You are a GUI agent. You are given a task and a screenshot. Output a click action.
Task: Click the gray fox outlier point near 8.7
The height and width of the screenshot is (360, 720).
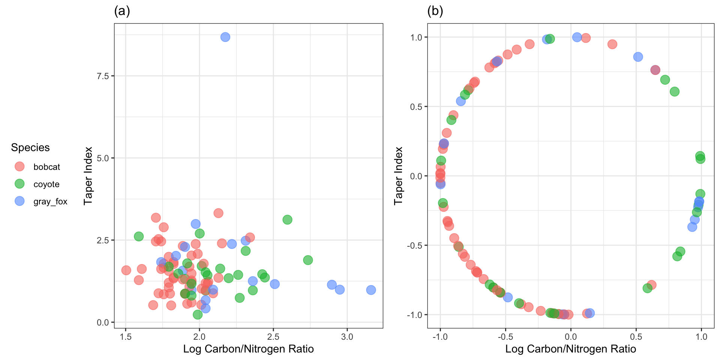pyautogui.click(x=225, y=37)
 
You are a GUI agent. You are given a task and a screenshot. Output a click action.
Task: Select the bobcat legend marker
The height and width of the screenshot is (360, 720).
pyautogui.click(x=19, y=166)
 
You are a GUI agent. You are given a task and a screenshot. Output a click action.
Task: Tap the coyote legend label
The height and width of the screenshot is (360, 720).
pyautogui.click(x=46, y=184)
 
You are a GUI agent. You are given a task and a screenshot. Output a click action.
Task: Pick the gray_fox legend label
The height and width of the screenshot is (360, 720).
pyautogui.click(x=50, y=201)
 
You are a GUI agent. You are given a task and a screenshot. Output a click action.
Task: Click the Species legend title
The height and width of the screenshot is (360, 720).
pyautogui.click(x=30, y=147)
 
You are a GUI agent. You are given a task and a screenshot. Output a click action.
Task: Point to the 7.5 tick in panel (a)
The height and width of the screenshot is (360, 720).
pyautogui.click(x=102, y=76)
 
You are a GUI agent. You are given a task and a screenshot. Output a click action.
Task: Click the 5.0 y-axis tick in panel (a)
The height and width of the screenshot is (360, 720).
pyautogui.click(x=102, y=158)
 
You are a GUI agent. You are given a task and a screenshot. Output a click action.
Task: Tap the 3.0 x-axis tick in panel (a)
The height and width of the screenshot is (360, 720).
pyautogui.click(x=347, y=337)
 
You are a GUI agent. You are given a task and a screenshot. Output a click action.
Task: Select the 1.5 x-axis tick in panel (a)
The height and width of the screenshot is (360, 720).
pyautogui.click(x=126, y=337)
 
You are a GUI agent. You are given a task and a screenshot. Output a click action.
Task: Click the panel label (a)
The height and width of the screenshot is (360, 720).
pyautogui.click(x=122, y=11)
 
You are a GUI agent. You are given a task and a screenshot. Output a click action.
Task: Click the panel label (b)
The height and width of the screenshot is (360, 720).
pyautogui.click(x=435, y=11)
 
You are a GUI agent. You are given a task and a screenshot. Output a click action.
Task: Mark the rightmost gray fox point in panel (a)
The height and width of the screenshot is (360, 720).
pyautogui.click(x=371, y=290)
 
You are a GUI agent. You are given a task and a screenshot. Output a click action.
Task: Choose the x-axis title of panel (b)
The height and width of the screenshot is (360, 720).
pyautogui.click(x=570, y=349)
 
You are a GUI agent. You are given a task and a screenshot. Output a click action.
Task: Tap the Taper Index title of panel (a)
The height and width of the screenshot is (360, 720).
pyautogui.click(x=88, y=176)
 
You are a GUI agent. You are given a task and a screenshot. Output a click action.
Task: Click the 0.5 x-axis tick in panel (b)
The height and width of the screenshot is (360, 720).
pyautogui.click(x=636, y=337)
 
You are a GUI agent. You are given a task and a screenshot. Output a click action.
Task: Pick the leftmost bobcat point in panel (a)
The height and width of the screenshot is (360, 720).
pyautogui.click(x=126, y=270)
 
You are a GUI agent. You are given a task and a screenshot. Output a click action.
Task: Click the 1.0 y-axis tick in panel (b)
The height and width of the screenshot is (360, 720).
pyautogui.click(x=416, y=37)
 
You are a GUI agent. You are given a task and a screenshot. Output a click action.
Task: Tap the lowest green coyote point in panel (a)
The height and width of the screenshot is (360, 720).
pyautogui.click(x=198, y=315)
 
